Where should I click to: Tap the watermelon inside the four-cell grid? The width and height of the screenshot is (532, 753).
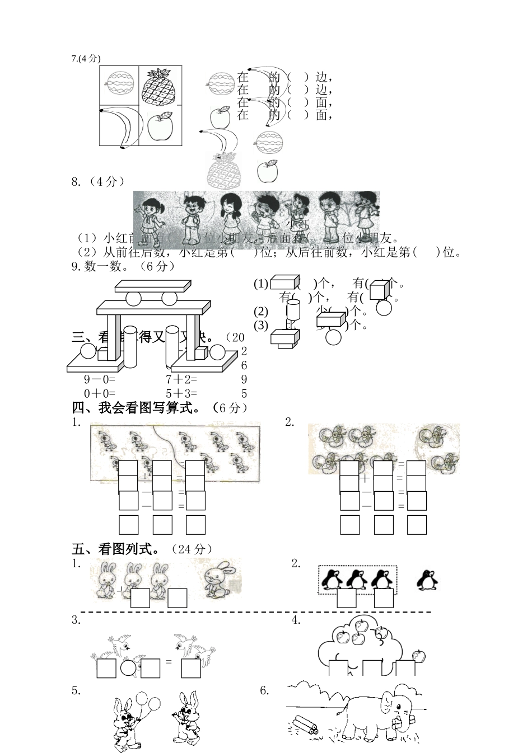120,85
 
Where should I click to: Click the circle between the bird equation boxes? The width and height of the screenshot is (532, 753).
129,668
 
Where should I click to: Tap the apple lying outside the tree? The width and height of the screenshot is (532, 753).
418,656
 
